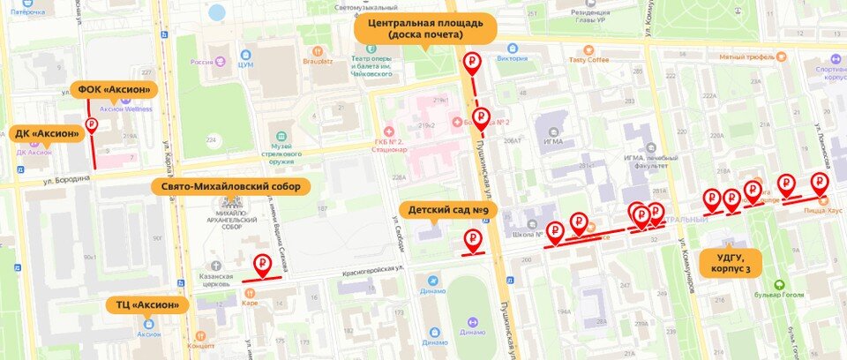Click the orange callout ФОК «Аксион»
(114, 89)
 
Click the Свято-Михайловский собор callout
(230, 187)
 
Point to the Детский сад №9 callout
(448, 210)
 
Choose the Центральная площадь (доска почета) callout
(426, 28)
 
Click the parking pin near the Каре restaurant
(262, 263)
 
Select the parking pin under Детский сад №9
(474, 238)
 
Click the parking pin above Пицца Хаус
(820, 184)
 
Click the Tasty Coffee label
(588, 60)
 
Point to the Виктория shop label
(512, 59)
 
